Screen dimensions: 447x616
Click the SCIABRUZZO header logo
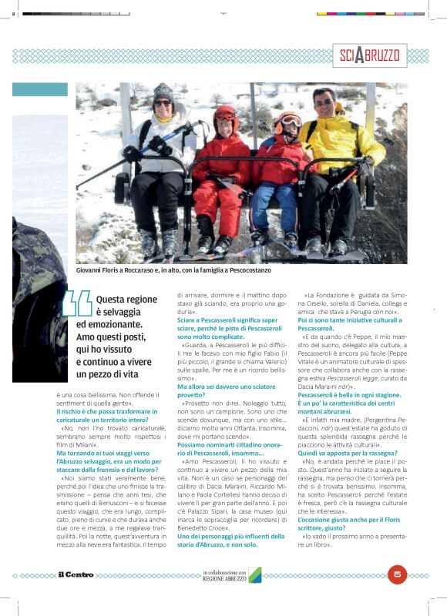(370, 55)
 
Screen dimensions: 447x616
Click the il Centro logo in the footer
(76, 574)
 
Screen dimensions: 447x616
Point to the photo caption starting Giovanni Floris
(173, 270)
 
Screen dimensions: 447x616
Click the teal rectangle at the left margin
(39, 89)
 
